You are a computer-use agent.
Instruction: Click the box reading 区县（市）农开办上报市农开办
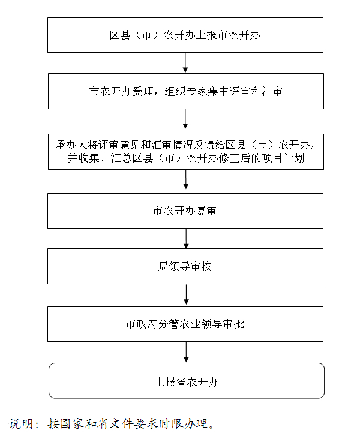pos(185,35)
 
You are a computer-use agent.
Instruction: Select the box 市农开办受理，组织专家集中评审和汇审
pos(186,91)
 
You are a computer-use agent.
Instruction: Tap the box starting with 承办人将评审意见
pos(186,152)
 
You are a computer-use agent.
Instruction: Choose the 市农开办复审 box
pos(185,211)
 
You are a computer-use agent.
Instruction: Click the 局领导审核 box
pos(185,266)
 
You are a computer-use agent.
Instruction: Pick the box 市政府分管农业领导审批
pos(185,324)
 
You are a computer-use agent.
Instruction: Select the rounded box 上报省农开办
pos(187,381)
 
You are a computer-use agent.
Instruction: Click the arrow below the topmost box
pos(185,62)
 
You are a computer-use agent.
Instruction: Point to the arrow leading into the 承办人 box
pos(185,119)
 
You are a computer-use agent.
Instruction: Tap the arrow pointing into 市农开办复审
pos(186,179)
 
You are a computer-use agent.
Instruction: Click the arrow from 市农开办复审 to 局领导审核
pos(186,239)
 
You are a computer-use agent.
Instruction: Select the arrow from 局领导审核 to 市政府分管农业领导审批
pos(186,294)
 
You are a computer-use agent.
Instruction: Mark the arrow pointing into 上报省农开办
pos(186,353)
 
